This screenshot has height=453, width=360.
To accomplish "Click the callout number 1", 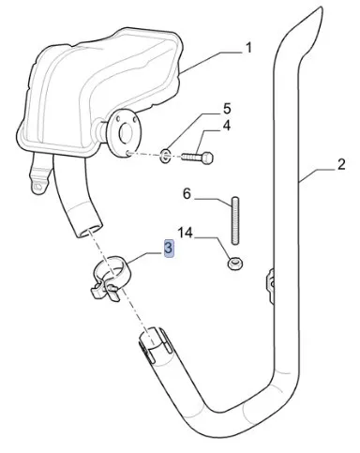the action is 248,49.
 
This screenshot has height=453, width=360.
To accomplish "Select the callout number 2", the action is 341,164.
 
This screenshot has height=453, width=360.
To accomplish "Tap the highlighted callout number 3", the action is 169,249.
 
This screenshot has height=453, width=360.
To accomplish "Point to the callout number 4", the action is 227,126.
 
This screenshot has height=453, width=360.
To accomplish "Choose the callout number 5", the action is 227,109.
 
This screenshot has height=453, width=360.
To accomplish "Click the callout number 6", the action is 187,194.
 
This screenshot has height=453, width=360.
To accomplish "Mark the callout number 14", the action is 186,233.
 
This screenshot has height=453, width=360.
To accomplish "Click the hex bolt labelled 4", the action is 198,157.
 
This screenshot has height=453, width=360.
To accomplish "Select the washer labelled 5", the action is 165,155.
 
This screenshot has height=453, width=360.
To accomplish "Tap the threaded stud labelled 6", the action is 235,219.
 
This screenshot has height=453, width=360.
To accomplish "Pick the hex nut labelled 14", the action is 235,264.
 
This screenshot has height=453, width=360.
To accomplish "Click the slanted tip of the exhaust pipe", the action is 315,18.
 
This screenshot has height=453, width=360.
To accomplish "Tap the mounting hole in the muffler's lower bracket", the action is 38,187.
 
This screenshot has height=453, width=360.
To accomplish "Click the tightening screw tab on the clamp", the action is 104,291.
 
